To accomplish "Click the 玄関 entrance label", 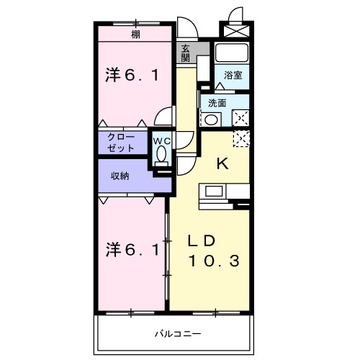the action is (x=185, y=53).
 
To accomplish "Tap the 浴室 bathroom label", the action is (x=233, y=75).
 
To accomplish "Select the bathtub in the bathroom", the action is (x=232, y=53).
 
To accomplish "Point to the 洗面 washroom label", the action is (x=217, y=103).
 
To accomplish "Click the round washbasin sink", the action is (x=211, y=120).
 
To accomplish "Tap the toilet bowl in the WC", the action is (x=161, y=153).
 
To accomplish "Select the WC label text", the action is (x=162, y=141).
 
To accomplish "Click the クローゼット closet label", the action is (x=121, y=143).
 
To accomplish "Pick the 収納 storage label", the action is (x=120, y=176).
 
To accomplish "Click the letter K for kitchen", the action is (x=222, y=164).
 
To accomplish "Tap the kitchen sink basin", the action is (x=215, y=192).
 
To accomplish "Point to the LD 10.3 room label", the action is (x=214, y=251).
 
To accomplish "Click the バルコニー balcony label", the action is (x=178, y=334).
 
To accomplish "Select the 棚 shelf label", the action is (x=135, y=35).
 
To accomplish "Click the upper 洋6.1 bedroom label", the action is (x=132, y=75).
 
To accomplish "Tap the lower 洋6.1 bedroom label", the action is (x=132, y=250).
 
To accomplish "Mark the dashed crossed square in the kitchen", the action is (x=241, y=139).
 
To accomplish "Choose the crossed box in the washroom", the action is (x=240, y=118).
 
